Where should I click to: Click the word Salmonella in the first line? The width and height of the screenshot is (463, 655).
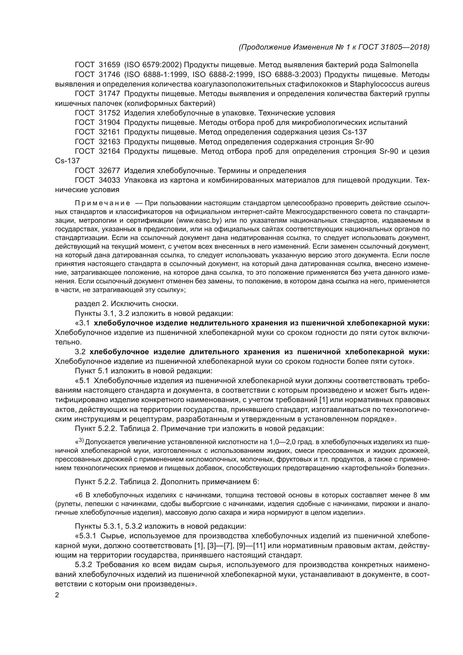click(399, 65)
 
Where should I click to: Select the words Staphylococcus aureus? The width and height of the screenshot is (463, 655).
click(389, 84)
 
